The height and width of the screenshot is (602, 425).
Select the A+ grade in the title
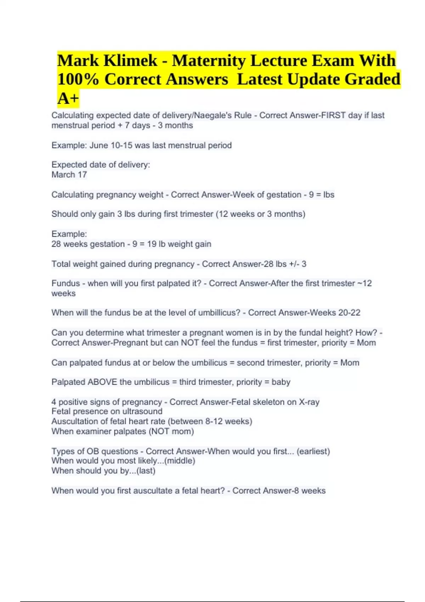[x=68, y=98]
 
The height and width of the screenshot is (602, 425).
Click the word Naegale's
[x=212, y=115]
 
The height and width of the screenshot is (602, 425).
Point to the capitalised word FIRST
[x=333, y=115]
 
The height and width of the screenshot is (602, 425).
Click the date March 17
[x=69, y=175]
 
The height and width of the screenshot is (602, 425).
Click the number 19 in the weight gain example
[x=152, y=244]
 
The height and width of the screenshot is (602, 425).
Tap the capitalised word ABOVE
[x=102, y=382]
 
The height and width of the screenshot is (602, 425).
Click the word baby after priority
[x=281, y=382]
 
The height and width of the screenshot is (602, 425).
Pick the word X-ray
[x=309, y=402]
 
